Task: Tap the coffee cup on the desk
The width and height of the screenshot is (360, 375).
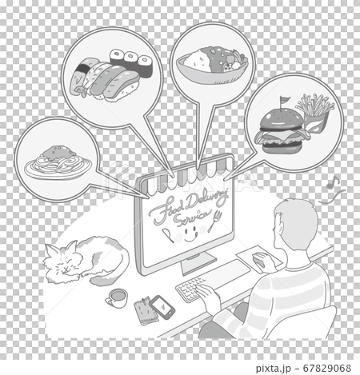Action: click(116, 298)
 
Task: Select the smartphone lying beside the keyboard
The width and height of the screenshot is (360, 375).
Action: click(163, 305)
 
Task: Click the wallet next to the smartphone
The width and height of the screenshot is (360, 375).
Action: click(146, 310)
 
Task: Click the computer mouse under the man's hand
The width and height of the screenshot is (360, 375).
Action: click(261, 258)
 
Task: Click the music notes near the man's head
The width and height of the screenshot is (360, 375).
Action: click(337, 192)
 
